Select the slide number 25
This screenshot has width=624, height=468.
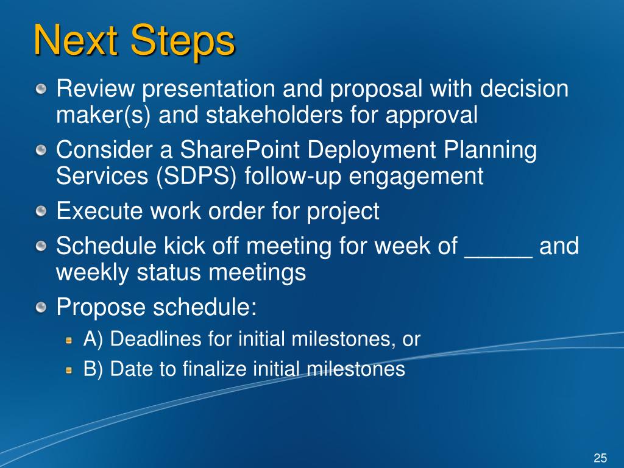(600, 458)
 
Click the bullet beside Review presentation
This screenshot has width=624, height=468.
(41, 90)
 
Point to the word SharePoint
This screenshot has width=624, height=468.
(239, 150)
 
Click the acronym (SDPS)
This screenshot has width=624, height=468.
(196, 176)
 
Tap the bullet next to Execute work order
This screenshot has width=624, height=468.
(41, 211)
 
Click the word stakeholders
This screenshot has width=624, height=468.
(274, 115)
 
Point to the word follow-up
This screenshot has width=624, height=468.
(293, 176)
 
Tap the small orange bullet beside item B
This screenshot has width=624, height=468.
(69, 370)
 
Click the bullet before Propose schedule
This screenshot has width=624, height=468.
(41, 308)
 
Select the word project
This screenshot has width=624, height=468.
(342, 211)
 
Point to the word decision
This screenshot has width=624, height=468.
(523, 88)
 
